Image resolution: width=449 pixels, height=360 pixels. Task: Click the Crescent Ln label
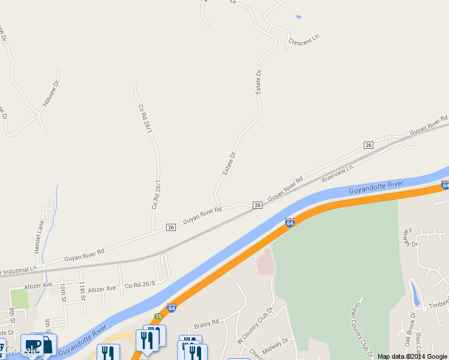(x=303, y=41)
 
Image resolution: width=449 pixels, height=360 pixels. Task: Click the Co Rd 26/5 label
(x=140, y=285)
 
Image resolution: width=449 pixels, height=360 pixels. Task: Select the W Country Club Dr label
(x=255, y=325)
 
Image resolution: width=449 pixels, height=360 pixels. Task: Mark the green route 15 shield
(x=158, y=316)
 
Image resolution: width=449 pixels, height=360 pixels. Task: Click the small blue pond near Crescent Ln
(x=298, y=16)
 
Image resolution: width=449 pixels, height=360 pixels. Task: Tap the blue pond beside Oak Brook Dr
(x=414, y=293)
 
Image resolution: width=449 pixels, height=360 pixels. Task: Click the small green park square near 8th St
(x=19, y=298)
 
